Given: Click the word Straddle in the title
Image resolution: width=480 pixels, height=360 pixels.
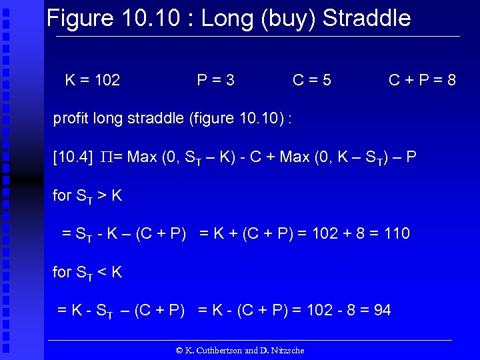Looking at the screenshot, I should coord(367,18).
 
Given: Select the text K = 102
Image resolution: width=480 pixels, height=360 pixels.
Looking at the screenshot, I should coord(93,81).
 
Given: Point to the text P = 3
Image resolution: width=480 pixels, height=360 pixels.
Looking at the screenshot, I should coord(215,81).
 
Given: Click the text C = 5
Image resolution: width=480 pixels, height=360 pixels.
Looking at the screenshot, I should coord(312,81).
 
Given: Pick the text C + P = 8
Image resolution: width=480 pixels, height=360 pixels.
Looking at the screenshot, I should coord(423,81).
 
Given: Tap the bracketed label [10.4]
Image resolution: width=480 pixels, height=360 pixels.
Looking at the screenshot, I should coord(73,157).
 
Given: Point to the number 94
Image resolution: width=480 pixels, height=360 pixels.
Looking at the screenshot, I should coord(382,310).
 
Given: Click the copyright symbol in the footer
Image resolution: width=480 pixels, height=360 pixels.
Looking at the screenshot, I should coord(179,350).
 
